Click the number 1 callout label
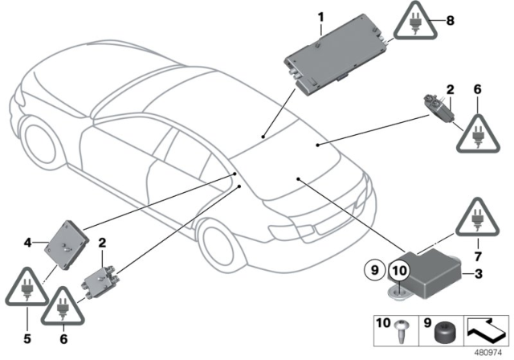(x=320, y=15)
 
